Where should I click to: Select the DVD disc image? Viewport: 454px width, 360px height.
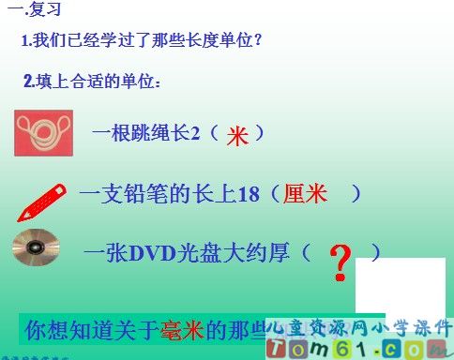pyautogui.click(x=35, y=250)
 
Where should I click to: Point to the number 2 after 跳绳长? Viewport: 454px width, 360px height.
pyautogui.click(x=196, y=133)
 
